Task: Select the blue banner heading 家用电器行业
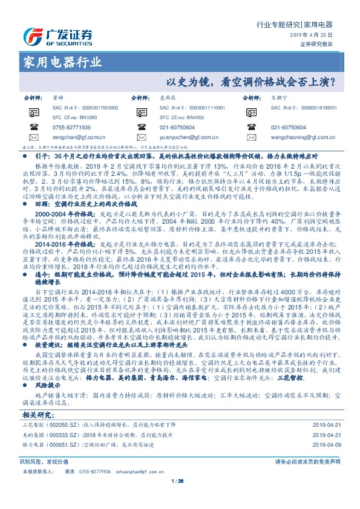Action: pyautogui.click(x=63, y=62)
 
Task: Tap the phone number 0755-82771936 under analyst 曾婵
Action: pyautogui.click(x=71, y=127)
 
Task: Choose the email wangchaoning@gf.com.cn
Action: pyautogui.click(x=300, y=138)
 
